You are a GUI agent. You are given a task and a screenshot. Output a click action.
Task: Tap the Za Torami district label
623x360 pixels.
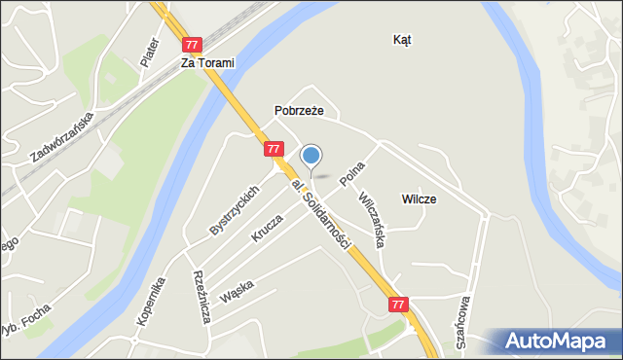coord(207,62)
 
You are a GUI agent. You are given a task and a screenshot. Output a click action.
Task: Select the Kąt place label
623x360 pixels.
coord(402,40)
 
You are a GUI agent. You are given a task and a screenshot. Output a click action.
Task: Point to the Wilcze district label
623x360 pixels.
coord(419,198)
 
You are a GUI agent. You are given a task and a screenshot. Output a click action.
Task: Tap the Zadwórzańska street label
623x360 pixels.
coord(60,136)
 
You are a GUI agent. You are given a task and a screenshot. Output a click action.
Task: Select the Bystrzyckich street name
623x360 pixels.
coord(234,210)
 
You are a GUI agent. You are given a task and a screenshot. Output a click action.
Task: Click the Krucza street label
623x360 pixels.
coord(267,228)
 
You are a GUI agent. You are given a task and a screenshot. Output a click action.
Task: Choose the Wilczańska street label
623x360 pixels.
coord(372,217)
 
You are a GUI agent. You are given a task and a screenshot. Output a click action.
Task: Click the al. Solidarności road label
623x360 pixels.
coord(319,213)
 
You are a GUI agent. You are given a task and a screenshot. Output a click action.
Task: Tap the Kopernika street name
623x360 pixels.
coord(152,301)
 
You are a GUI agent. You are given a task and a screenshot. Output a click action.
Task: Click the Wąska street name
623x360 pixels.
coord(238,291)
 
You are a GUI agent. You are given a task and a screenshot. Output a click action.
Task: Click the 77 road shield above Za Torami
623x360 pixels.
coord(192,45)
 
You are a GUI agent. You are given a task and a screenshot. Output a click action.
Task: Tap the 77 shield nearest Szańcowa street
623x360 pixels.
coord(398,305)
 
